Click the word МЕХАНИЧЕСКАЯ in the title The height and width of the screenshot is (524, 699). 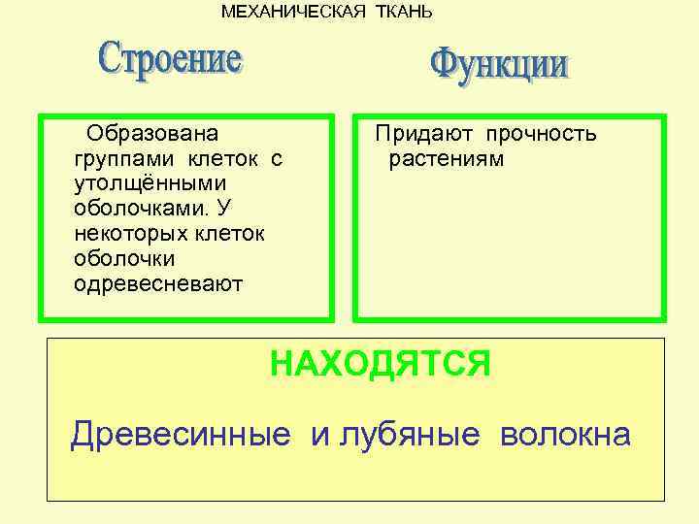tap(292, 12)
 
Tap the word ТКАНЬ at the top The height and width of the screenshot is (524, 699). tap(400, 12)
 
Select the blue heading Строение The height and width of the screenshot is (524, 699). tap(171, 61)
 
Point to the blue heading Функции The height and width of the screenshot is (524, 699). tap(499, 66)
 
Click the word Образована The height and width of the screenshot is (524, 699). tap(152, 133)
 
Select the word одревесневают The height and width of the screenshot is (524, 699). tap(158, 284)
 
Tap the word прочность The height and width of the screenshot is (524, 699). tap(542, 134)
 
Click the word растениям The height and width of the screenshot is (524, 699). tap(447, 158)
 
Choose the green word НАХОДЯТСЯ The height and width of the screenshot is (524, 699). tap(381, 364)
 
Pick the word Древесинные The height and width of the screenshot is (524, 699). tap(181, 436)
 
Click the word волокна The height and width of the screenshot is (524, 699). tap(565, 434)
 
